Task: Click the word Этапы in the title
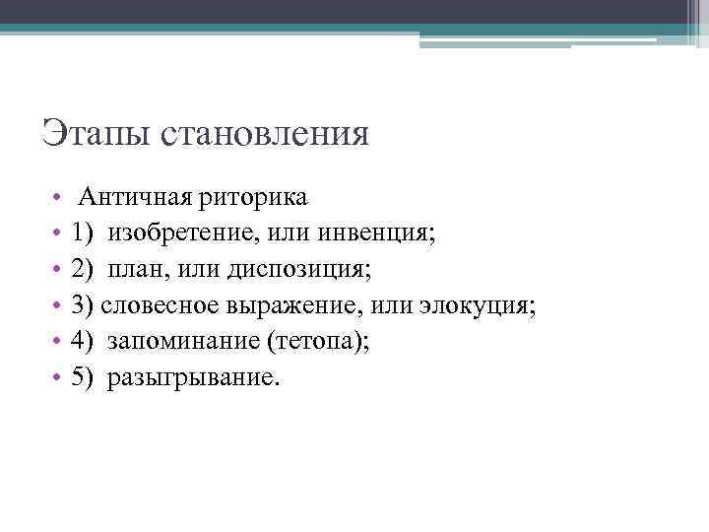(x=90, y=133)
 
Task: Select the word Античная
(x=136, y=196)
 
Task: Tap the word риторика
(x=253, y=196)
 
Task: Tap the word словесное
(x=157, y=305)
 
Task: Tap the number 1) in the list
(x=83, y=233)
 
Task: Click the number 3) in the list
(x=83, y=305)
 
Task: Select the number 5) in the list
(x=83, y=378)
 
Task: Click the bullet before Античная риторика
(x=59, y=197)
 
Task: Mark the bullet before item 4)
(x=59, y=343)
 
